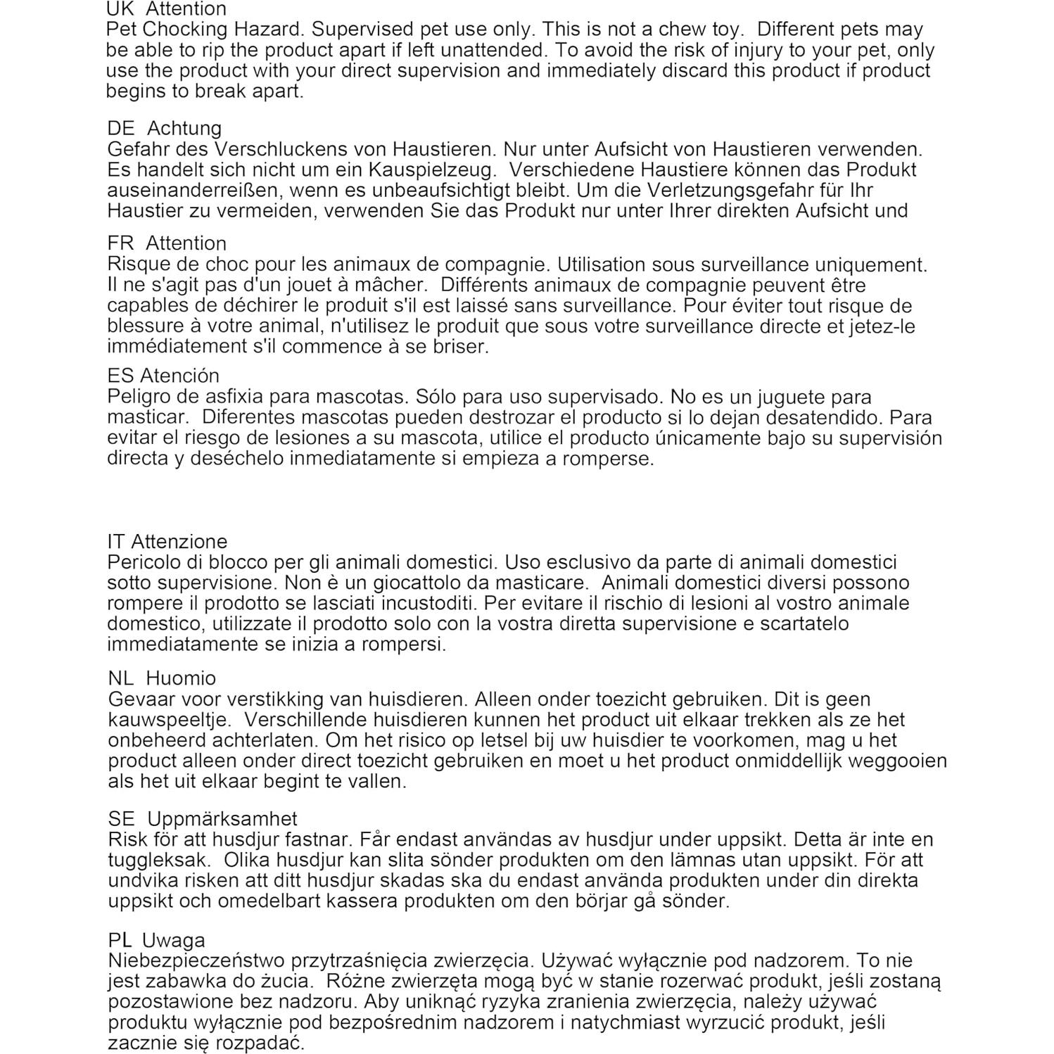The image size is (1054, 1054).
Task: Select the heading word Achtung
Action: click(x=184, y=128)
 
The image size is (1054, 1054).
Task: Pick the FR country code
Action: click(x=120, y=243)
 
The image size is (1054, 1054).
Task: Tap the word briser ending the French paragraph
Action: click(x=459, y=346)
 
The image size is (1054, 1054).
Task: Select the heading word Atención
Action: click(x=179, y=375)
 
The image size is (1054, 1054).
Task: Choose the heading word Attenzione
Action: click(x=179, y=542)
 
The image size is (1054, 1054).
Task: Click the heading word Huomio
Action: click(x=181, y=678)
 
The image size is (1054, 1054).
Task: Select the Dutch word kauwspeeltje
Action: click(x=169, y=720)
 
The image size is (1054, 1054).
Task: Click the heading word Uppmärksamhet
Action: click(x=222, y=819)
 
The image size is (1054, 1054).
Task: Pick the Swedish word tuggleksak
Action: click(x=159, y=860)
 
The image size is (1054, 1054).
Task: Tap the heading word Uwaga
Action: click(x=173, y=940)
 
